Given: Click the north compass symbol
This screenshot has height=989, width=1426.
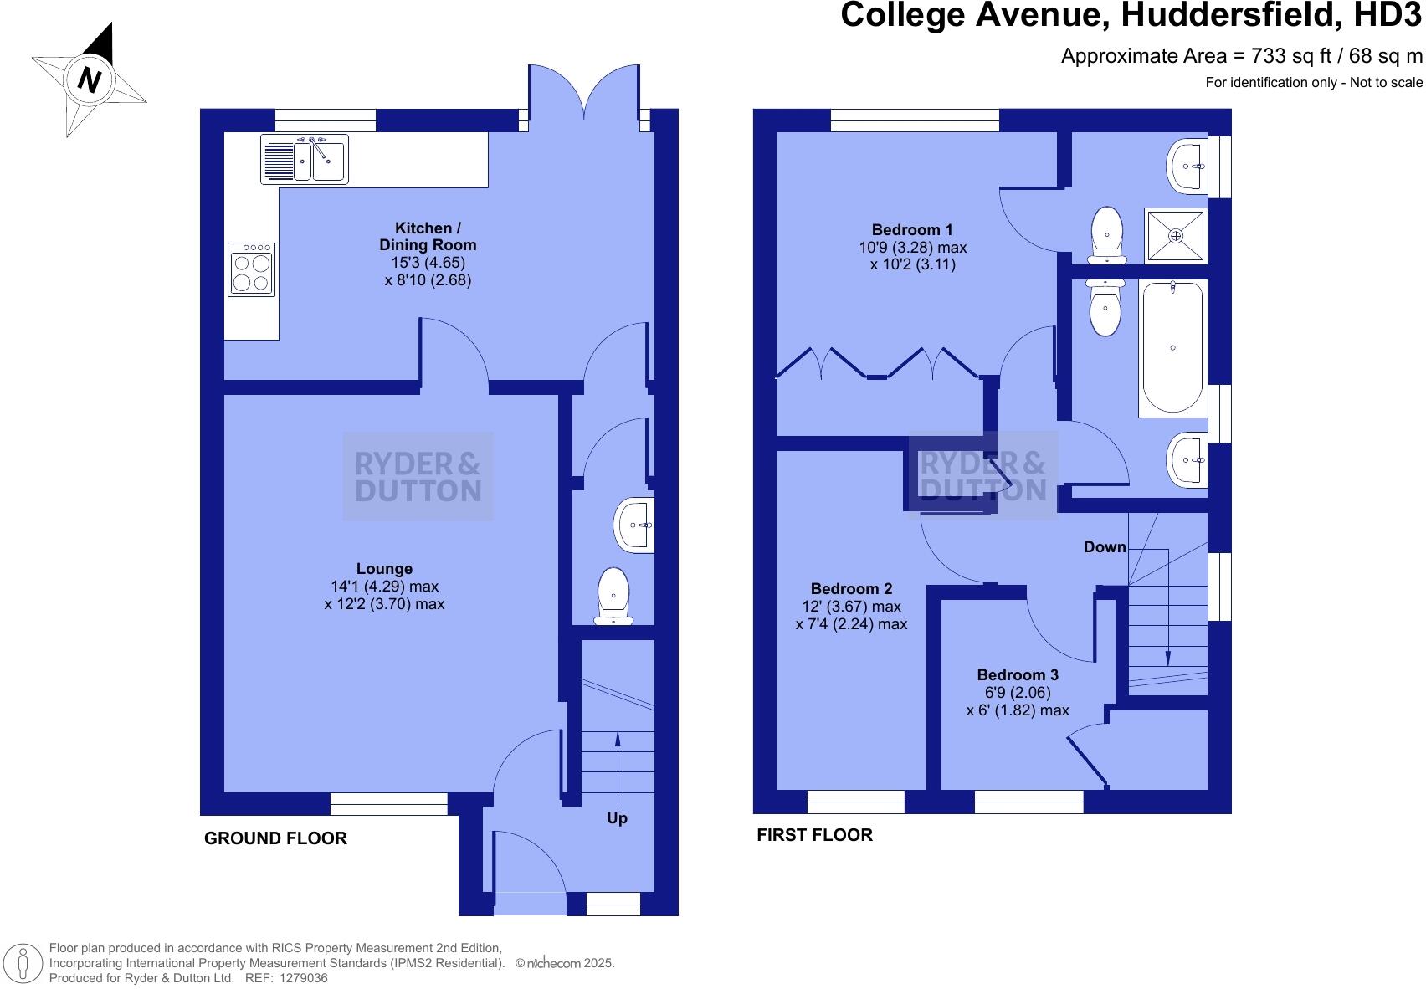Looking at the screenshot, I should pos(89,80).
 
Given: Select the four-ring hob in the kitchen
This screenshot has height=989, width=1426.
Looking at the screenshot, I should pos(252,269).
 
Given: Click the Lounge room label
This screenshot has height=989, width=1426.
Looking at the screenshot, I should pos(384,569).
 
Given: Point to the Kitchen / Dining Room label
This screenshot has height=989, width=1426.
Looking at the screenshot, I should pos(428,237).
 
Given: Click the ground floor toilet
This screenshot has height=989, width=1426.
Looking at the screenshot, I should pos(613,596).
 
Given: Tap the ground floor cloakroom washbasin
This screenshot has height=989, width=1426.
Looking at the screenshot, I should pos(635,525).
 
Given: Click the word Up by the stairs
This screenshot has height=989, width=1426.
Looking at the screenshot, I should pos(617,817).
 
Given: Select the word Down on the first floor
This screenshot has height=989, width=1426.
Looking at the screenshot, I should pos(1105,547).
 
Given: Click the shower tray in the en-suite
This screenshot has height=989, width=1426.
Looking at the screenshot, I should pos(1176,236).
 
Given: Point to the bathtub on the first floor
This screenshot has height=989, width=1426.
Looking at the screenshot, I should pos(1172,348).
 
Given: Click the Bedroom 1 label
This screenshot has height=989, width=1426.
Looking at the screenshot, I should pos(912,229).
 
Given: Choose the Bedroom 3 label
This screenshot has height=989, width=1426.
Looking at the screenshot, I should pos(1018,674).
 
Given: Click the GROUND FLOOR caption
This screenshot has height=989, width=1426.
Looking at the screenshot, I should pos(275,838).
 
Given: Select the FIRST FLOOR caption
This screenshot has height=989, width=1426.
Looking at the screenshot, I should pos(814,835).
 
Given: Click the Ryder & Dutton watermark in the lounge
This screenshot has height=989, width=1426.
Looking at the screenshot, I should pos(418,477).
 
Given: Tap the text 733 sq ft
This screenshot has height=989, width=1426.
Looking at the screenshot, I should pos(1289,56).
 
